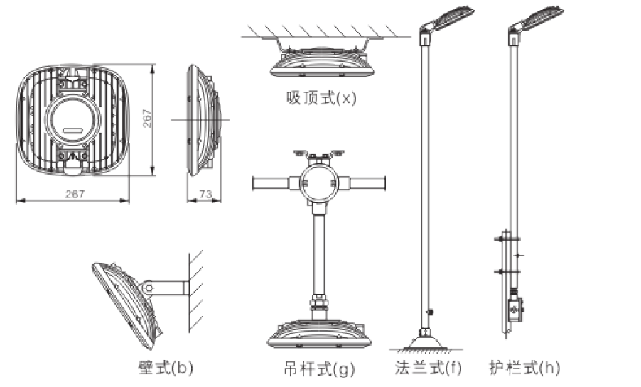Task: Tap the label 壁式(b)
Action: point(164,368)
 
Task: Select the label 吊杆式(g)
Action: point(315,369)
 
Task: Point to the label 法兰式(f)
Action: point(428,368)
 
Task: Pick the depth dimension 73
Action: point(204,194)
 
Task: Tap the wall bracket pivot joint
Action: point(148,288)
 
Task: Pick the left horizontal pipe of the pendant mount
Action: point(276,183)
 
